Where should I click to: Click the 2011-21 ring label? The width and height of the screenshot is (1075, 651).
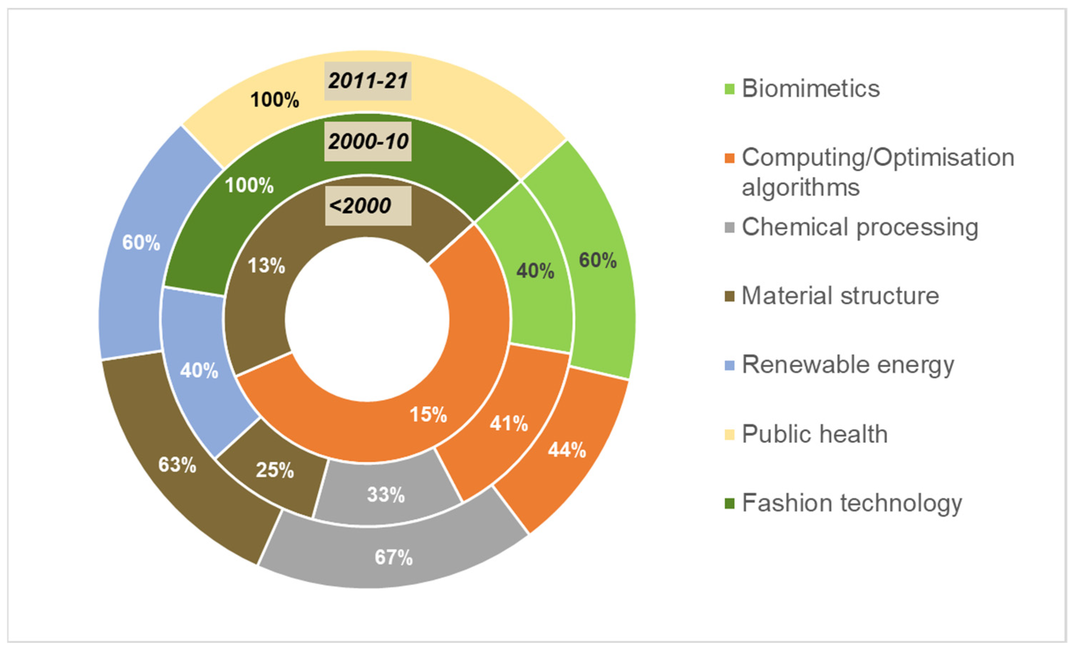coord(368,81)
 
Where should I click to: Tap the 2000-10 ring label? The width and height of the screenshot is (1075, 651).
coord(368,142)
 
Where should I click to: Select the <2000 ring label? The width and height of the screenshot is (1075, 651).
coord(360,206)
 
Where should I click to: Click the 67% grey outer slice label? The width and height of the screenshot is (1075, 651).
coord(393,558)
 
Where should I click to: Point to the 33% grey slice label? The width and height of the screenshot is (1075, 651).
coord(386,495)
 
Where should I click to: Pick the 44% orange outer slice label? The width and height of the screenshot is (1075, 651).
coord(567,450)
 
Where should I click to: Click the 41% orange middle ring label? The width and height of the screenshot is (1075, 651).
coord(509,424)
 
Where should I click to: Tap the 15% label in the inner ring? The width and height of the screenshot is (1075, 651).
coord(428,414)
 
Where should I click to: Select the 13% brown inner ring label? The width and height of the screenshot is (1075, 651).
coord(266,266)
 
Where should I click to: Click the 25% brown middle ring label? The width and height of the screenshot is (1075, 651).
coord(275,470)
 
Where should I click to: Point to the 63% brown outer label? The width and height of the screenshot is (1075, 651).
coord(177,465)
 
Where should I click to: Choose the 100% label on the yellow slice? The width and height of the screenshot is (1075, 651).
coord(274,100)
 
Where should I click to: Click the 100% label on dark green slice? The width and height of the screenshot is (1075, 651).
coord(249,185)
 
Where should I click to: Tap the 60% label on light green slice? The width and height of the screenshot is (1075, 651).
coord(598,260)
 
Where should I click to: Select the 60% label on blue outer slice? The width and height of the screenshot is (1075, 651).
coord(141,243)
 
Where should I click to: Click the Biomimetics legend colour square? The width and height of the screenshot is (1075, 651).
coord(729,89)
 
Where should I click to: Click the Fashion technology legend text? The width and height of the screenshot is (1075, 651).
coord(852,503)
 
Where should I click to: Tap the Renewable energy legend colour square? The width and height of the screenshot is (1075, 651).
coord(729,365)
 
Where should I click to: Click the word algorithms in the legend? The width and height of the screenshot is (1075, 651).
coord(801,188)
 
